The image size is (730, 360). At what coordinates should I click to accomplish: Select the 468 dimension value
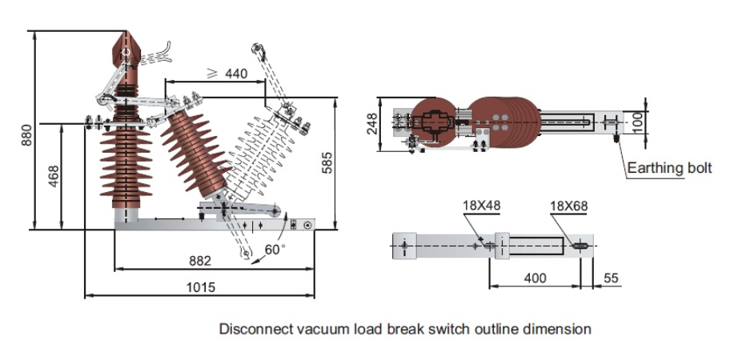(x=54, y=177)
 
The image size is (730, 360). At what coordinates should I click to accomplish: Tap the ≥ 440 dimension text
(x=227, y=74)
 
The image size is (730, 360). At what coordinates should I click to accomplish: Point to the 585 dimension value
(x=326, y=165)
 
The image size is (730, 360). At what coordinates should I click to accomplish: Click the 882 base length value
(x=200, y=261)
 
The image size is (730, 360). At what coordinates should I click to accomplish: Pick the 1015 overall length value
(x=200, y=287)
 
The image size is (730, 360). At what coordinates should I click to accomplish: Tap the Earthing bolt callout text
(x=669, y=168)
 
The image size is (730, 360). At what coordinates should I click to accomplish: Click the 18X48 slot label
(x=481, y=206)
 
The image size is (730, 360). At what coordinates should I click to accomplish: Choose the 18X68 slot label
(x=568, y=206)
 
